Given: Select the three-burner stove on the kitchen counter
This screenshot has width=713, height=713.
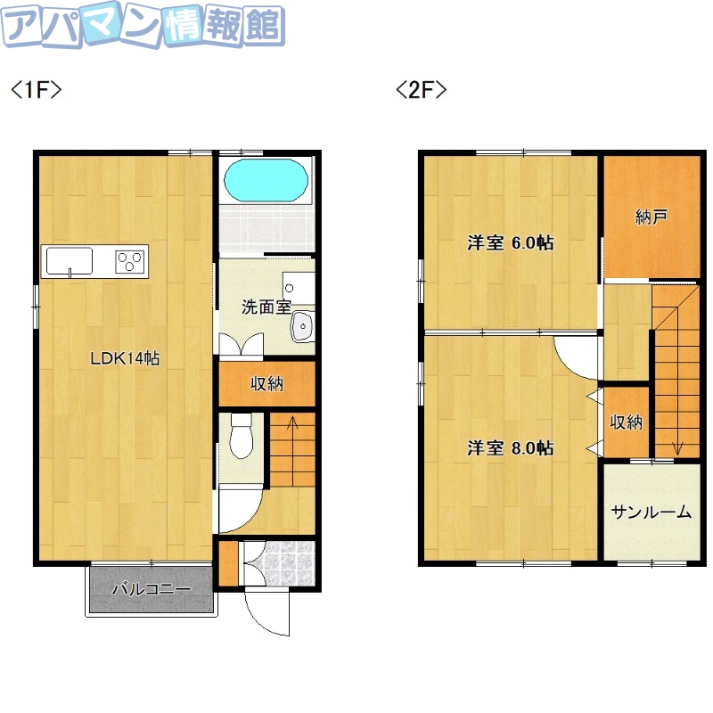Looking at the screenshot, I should coord(130,262).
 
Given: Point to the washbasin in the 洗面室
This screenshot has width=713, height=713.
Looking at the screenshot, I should coord(303,326).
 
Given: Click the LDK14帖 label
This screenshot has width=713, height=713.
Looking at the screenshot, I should coord(124,359).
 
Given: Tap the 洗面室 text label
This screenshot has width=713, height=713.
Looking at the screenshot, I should coord(266,307).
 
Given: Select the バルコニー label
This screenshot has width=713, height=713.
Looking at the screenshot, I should coord(151,589).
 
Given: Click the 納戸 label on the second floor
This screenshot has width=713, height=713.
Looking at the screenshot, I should coord(652,217).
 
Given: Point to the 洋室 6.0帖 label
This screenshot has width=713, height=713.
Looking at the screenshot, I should coord(511,242).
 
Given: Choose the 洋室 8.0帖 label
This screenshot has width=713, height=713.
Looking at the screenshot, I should coord(511,447).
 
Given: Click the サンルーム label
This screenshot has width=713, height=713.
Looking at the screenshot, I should coord(652,512).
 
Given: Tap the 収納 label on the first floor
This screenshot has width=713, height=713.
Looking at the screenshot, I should coord(266,384).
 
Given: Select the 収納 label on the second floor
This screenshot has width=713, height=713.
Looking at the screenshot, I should coord(626,422).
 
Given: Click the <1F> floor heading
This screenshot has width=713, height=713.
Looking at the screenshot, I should coord(36,90).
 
